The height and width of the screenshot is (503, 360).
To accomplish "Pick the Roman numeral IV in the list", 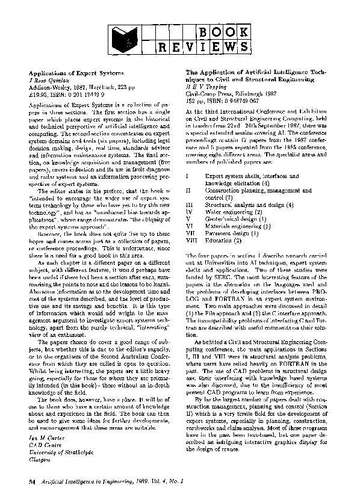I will pyautogui.click(x=190, y=212).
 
